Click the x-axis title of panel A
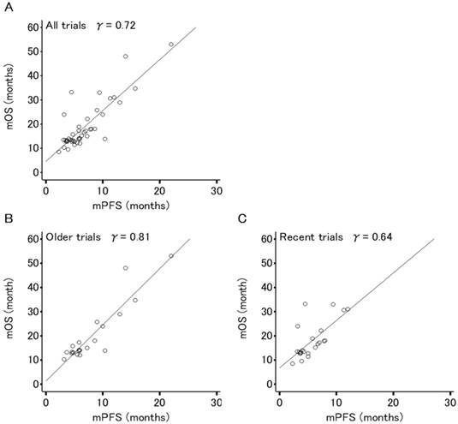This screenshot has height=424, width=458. point(130,206)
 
